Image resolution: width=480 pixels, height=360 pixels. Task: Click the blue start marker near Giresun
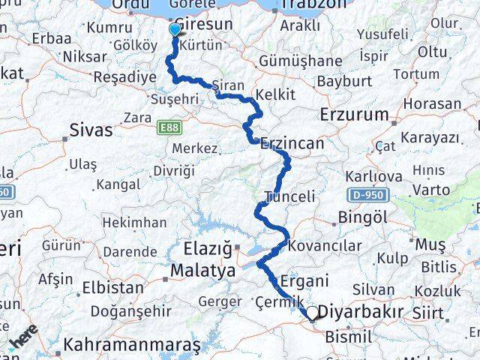175,30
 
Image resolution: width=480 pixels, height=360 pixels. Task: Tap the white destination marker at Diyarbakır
312,313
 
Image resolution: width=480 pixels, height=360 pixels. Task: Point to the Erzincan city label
292,142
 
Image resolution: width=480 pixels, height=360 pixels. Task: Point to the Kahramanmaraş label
133,346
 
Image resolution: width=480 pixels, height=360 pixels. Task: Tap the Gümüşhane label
328,60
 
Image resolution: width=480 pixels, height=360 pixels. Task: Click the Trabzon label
310,6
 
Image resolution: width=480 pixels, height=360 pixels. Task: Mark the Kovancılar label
325,246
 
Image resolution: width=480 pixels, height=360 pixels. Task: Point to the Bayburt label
345,80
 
